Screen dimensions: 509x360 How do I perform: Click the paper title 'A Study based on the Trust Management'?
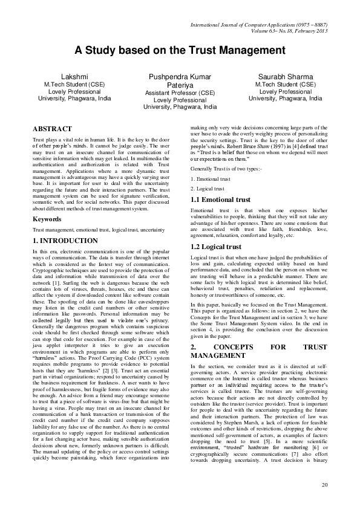(x=180, y=52)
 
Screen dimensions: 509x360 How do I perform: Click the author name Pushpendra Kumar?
(x=180, y=78)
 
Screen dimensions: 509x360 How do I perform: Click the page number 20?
(x=324, y=485)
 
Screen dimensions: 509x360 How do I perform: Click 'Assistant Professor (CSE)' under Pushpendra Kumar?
(x=180, y=93)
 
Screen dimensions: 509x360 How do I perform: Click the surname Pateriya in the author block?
(x=180, y=86)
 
